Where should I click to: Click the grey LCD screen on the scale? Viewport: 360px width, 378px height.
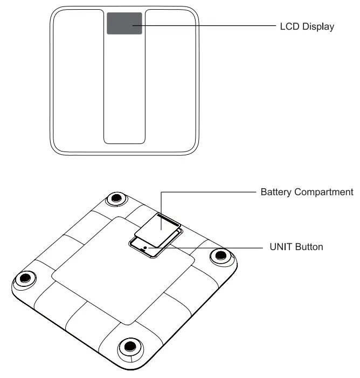click(x=124, y=24)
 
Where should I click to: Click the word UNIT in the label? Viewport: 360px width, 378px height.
click(x=280, y=248)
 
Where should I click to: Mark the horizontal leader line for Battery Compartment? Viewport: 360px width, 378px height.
click(x=216, y=191)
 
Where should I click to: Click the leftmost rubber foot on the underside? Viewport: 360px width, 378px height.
click(x=24, y=279)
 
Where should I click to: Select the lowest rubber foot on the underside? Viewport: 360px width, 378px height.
click(x=128, y=346)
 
